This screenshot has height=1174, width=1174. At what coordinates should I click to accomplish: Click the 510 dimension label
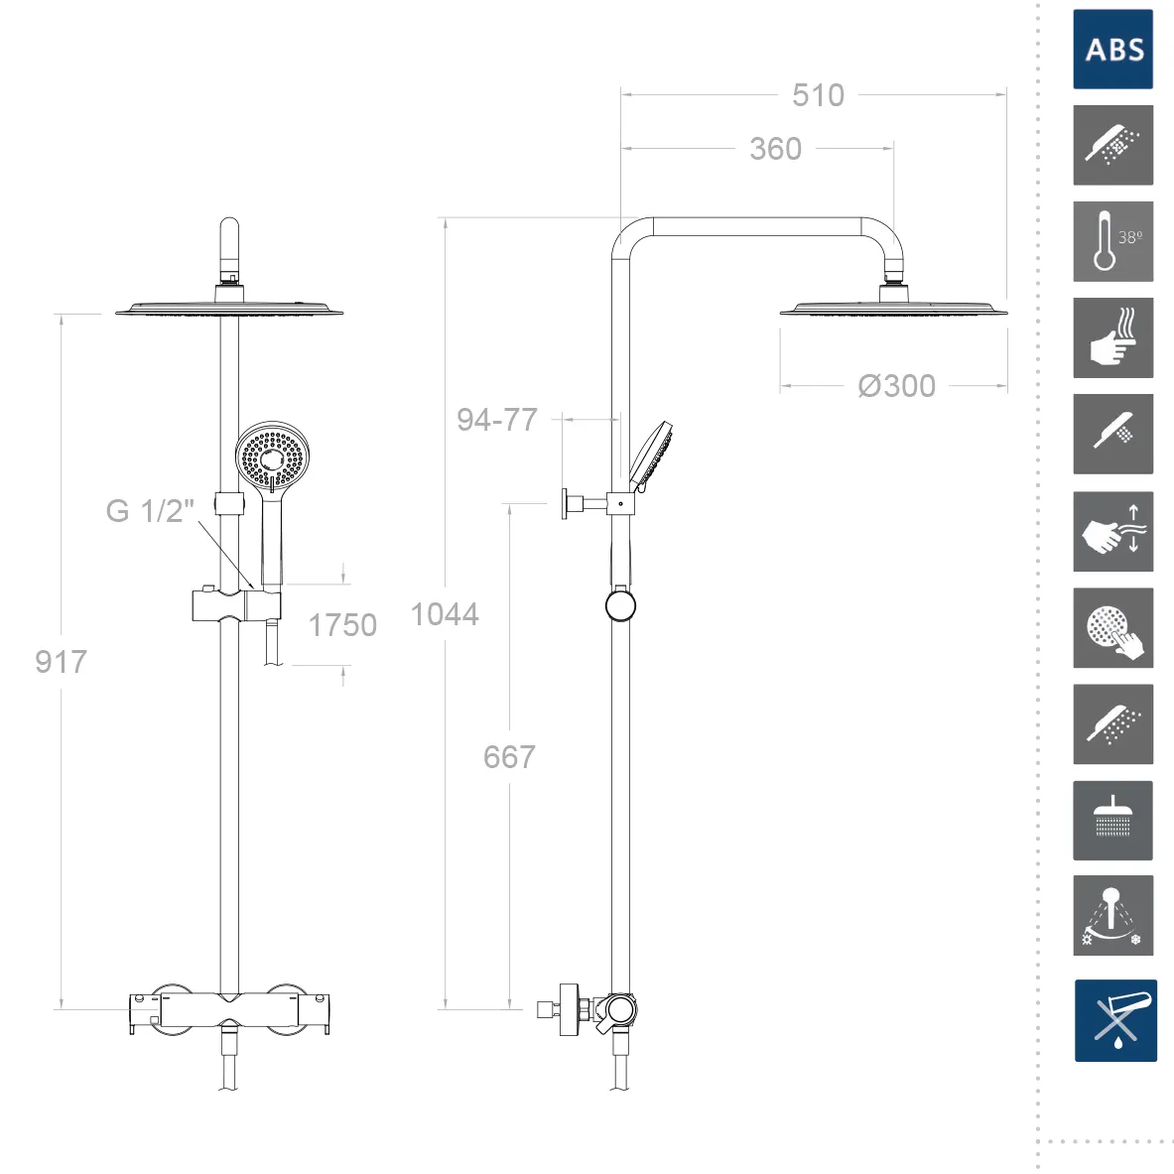pyautogui.click(x=818, y=95)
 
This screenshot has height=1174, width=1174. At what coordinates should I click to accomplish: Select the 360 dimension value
pyautogui.click(x=776, y=148)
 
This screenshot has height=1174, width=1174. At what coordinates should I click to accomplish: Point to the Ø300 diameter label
pyautogui.click(x=896, y=386)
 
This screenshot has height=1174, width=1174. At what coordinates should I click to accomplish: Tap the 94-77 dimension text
pyautogui.click(x=497, y=419)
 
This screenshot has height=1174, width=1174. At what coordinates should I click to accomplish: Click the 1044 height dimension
pyautogui.click(x=445, y=614)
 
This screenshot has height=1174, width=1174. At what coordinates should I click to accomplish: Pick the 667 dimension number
pyautogui.click(x=509, y=757)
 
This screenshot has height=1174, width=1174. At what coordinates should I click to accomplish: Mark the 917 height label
pyautogui.click(x=61, y=661)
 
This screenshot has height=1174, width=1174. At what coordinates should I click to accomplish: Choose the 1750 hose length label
pyautogui.click(x=342, y=625)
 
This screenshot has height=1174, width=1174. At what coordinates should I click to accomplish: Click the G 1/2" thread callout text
pyautogui.click(x=150, y=511)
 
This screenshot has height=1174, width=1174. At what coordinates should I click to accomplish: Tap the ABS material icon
pyautogui.click(x=1112, y=50)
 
